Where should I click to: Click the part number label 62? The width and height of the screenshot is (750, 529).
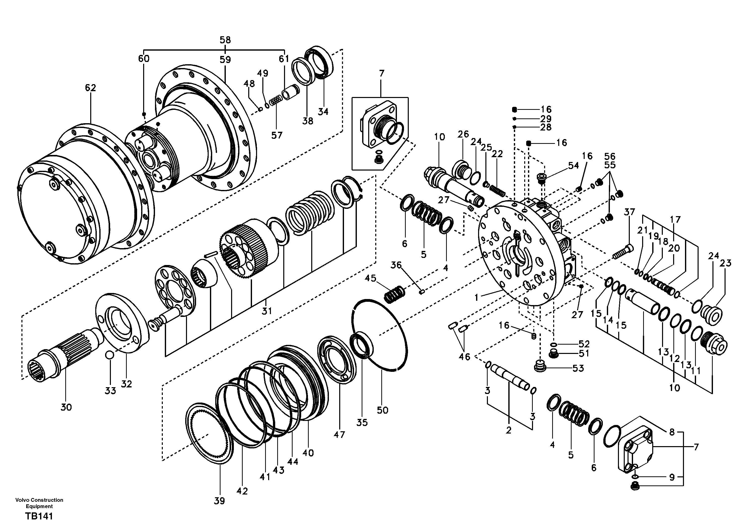[90, 88]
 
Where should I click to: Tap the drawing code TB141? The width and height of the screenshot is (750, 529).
[39, 516]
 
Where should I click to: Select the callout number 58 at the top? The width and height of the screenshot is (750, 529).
[225, 40]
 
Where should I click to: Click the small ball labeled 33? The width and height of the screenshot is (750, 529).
[110, 355]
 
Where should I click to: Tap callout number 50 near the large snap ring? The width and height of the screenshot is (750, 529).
[382, 410]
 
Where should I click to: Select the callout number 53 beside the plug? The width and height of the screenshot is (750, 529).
[578, 368]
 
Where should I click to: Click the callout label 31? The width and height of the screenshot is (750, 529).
[267, 311]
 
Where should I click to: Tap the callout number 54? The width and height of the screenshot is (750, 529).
[573, 166]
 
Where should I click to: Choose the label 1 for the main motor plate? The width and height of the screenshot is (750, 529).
[477, 297]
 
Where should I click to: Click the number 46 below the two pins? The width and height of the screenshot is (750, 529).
[464, 357]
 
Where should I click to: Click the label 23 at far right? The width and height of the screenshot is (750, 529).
[726, 263]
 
